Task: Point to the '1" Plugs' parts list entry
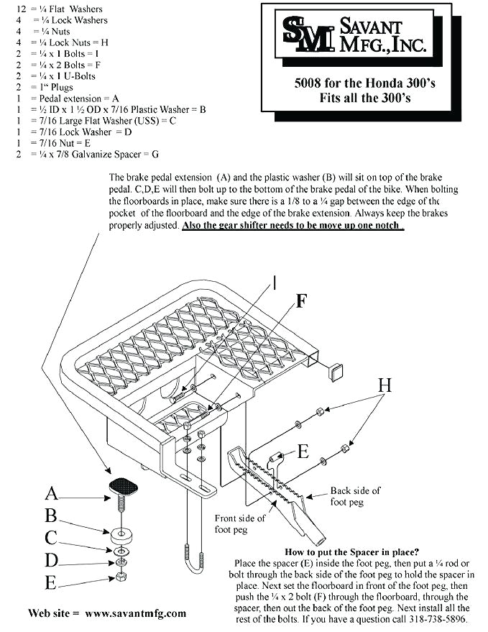[54, 86]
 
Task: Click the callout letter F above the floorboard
[302, 301]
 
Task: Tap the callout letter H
[385, 385]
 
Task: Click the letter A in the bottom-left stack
[51, 493]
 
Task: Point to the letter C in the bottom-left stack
[51, 537]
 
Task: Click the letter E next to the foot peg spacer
[303, 452]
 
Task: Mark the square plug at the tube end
[334, 372]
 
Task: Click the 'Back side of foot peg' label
[355, 495]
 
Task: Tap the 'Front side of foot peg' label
[239, 523]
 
